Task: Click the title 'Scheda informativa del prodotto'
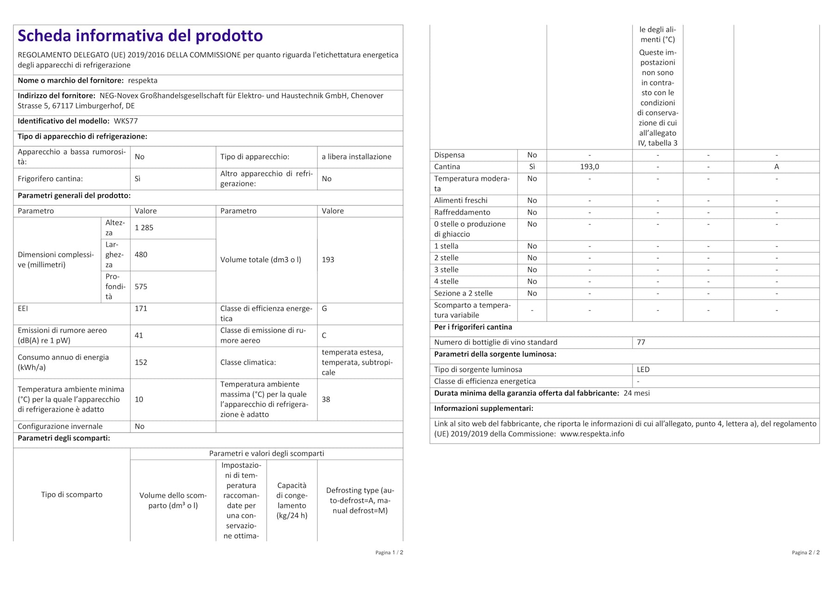140,36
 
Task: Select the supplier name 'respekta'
143,81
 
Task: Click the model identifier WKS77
125,121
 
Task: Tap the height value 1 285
144,228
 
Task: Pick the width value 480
141,254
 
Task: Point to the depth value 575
141,286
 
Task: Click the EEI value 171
141,308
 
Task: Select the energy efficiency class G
324,308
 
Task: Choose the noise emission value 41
139,335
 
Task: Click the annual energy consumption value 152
141,362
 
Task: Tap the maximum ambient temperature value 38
326,399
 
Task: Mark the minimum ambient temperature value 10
139,399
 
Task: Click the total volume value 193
328,260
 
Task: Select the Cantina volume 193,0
589,167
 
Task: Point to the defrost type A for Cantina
776,167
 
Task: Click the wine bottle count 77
641,342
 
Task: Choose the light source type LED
643,370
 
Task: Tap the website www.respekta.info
592,434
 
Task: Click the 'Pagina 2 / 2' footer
805,552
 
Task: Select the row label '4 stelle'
446,281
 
